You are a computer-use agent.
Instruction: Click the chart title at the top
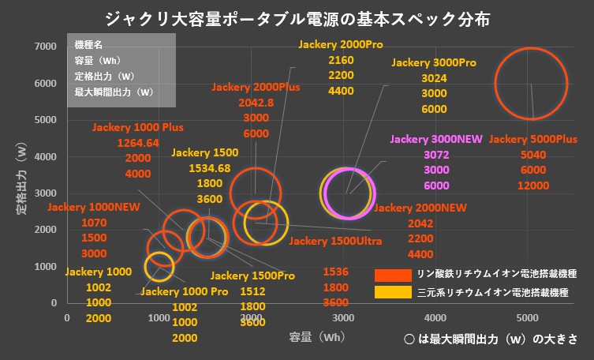pyautogui.click(x=297, y=17)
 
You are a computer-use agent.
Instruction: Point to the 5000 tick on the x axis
pyautogui.click(x=527, y=317)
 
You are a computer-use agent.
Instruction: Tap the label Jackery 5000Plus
pyautogui.click(x=533, y=140)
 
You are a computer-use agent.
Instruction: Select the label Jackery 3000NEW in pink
pyautogui.click(x=435, y=140)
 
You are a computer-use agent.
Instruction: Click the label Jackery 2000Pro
pyautogui.click(x=340, y=45)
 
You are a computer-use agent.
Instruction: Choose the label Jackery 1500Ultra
pyautogui.click(x=335, y=240)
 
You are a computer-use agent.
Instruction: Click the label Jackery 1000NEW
pyautogui.click(x=94, y=208)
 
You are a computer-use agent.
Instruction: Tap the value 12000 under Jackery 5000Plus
pyautogui.click(x=533, y=186)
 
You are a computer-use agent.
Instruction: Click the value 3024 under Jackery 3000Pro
pyautogui.click(x=434, y=78)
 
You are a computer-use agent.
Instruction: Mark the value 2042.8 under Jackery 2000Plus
pyautogui.click(x=254, y=103)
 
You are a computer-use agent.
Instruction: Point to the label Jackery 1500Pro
pyautogui.click(x=252, y=276)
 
